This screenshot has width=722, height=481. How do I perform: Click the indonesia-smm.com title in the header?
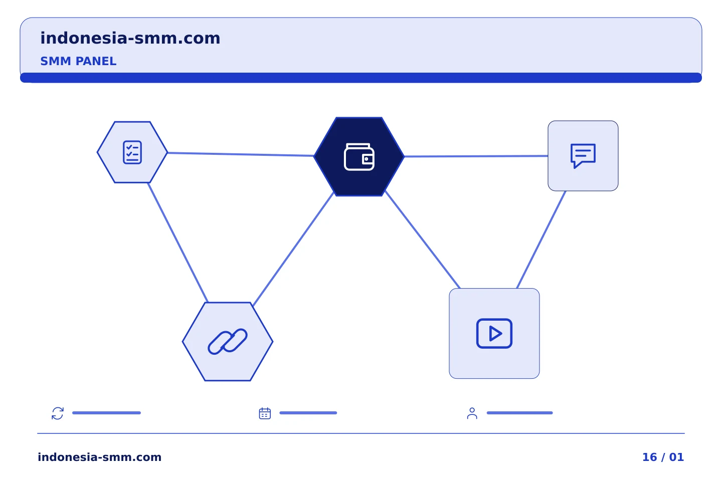(130, 38)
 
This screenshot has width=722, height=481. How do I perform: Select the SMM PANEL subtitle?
(78, 61)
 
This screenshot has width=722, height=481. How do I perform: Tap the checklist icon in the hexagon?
(132, 152)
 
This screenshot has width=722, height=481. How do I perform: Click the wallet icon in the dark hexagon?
(359, 156)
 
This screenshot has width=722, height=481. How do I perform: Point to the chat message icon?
(583, 156)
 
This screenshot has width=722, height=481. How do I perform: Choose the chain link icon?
(228, 342)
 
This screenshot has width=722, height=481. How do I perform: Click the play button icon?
(494, 334)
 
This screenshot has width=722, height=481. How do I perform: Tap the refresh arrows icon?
(58, 413)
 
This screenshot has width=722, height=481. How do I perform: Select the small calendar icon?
(265, 413)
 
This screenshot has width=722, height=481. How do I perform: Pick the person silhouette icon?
(472, 413)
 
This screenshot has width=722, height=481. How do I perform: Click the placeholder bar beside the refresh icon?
(106, 413)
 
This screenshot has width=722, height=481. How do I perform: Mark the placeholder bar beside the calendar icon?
(308, 413)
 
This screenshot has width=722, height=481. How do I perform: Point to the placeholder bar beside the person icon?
(519, 413)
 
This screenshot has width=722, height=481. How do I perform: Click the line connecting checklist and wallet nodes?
(241, 154)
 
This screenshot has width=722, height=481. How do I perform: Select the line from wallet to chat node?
(476, 156)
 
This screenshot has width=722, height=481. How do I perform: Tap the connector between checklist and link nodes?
(178, 243)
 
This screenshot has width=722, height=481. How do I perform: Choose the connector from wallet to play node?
(423, 239)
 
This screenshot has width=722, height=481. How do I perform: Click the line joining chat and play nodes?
(541, 239)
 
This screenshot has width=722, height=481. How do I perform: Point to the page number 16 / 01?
(663, 457)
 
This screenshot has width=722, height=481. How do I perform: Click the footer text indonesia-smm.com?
(100, 457)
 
